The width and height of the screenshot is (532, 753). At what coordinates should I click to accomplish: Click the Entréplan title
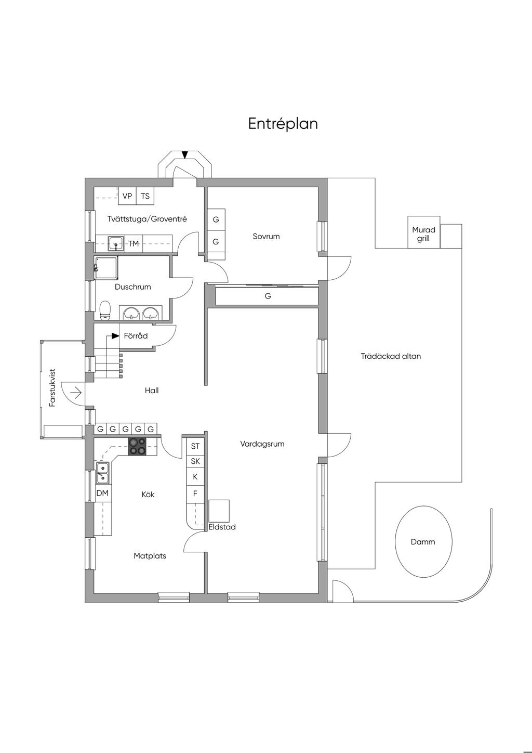283,124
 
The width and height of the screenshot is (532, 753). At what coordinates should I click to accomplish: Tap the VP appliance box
127,196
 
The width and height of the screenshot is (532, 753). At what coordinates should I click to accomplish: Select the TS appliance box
145,196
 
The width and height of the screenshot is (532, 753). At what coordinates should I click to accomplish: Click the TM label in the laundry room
134,243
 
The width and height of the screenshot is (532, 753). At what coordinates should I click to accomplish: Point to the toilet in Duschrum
105,310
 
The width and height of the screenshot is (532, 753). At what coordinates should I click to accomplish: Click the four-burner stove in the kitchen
138,447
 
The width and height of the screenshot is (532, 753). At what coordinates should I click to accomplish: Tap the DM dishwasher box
102,493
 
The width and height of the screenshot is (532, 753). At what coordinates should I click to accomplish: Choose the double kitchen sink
102,472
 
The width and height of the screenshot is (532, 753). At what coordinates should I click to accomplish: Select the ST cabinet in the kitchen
195,446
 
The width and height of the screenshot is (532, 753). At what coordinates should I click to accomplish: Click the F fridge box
195,494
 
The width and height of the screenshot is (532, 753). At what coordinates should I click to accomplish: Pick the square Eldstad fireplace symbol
219,511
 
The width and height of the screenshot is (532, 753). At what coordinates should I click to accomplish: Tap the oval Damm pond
423,541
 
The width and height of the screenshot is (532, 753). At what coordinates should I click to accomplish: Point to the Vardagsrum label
262,444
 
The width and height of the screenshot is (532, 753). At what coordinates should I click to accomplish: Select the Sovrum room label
266,236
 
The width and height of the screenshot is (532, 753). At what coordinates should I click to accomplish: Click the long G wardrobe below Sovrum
268,296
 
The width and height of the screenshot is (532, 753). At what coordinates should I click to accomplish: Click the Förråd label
136,336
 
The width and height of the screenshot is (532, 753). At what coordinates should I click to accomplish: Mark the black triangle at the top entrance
185,154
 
